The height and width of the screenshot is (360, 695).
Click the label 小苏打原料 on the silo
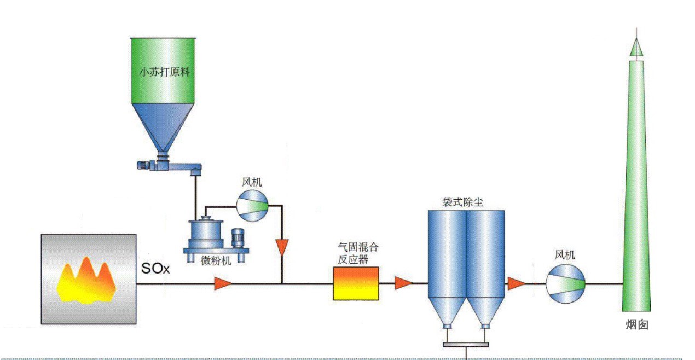pos(163,72)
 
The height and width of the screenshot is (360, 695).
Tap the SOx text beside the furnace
pos(157,269)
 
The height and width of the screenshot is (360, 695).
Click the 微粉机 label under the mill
pos(216,260)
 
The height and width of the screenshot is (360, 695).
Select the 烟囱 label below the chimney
pos(636,324)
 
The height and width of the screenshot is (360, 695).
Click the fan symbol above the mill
pos(251,206)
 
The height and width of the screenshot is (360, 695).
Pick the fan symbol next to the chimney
pos(565,284)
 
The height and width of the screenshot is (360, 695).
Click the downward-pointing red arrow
pos(282,247)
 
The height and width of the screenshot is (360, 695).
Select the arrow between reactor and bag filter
pos(403,283)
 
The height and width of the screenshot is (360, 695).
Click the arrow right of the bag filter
pos(516,283)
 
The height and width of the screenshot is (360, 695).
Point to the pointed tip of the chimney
pos(636,47)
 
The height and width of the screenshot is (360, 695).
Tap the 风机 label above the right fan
pos(565,254)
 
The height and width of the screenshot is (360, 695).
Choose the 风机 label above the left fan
pos(252,181)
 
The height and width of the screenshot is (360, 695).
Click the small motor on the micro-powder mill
pos(238,237)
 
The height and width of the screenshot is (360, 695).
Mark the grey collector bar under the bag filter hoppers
pos(466,344)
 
